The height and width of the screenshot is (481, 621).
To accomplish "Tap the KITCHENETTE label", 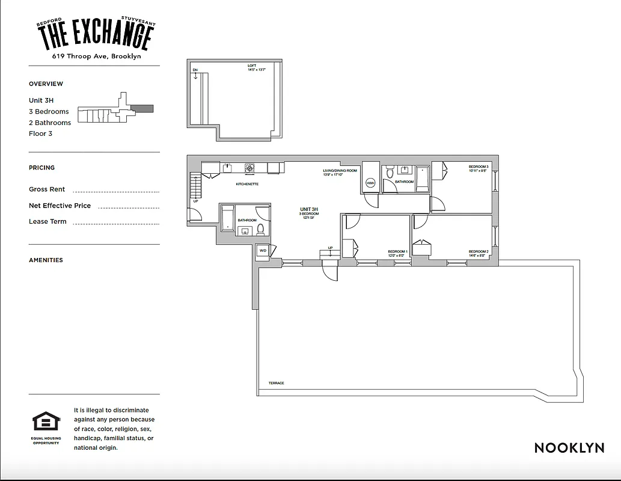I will coord(247,184).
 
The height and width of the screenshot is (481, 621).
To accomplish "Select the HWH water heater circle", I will coord(370,183).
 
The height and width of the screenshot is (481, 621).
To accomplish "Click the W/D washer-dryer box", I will coord(263,251).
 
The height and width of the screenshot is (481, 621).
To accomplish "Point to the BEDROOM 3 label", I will coord(479,166).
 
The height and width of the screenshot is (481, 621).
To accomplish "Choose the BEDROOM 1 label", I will coord(397,251).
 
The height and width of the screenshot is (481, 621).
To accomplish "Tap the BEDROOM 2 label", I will coord(479,251).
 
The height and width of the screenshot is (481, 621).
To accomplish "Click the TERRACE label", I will coord(277,383).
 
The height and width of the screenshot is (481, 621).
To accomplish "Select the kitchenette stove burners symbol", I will coord(249,168).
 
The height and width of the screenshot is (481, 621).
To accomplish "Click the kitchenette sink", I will coord(228,168).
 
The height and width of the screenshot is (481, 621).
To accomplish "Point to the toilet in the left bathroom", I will coord(252,228).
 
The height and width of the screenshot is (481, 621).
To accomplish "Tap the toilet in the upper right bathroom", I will coord(390,173).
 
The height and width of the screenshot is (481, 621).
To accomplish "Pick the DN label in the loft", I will coord(195,70).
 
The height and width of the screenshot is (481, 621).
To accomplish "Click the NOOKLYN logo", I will coord(569,447).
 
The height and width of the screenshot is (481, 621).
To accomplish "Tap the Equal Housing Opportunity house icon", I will coord(46,421).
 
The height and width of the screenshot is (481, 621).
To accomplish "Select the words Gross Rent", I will coord(47,189).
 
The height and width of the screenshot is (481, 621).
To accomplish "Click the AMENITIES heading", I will coord(46,260).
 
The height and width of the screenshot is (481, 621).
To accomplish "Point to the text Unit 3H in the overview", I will coord(41,100).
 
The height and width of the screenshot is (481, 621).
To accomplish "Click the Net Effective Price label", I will coord(60,206).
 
